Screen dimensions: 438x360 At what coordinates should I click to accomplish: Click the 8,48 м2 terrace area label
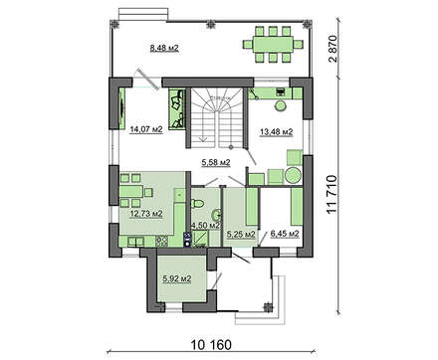click(x=164, y=49)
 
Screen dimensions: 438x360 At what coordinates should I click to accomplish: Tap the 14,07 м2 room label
click(x=146, y=129)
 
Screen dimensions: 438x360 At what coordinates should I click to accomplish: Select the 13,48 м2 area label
click(x=276, y=132)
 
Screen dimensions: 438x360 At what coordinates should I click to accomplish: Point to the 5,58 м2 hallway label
click(x=216, y=162)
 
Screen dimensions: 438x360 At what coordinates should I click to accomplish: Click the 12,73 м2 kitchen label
click(x=146, y=214)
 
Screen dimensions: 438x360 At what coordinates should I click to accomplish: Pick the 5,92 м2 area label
click(x=177, y=279)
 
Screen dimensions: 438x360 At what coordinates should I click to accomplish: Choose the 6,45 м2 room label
click(x=285, y=234)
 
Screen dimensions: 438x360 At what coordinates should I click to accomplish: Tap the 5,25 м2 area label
click(x=241, y=235)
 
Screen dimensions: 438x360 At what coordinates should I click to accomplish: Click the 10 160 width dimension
click(x=211, y=345)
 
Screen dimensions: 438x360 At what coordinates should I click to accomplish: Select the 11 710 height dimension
click(x=331, y=195)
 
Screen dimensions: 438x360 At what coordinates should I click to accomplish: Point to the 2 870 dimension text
click(x=332, y=49)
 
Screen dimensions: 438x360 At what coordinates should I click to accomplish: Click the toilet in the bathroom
click(x=197, y=203)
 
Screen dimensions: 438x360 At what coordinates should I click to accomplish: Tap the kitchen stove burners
click(x=162, y=241)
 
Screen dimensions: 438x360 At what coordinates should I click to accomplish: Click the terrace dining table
click(x=273, y=44)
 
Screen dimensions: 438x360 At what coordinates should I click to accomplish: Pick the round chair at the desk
click(x=282, y=106)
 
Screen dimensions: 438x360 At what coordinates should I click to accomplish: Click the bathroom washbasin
click(x=217, y=216)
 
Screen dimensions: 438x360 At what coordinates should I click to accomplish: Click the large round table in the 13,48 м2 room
click(x=293, y=175)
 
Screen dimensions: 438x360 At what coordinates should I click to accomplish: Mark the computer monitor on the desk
click(x=281, y=90)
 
